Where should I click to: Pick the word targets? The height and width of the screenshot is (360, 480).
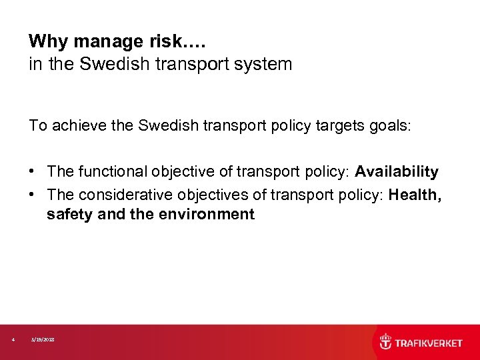338,125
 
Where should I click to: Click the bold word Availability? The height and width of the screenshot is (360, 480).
397,172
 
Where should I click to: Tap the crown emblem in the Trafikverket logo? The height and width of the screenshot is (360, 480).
385,342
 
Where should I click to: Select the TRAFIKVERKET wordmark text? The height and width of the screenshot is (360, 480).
429,343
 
